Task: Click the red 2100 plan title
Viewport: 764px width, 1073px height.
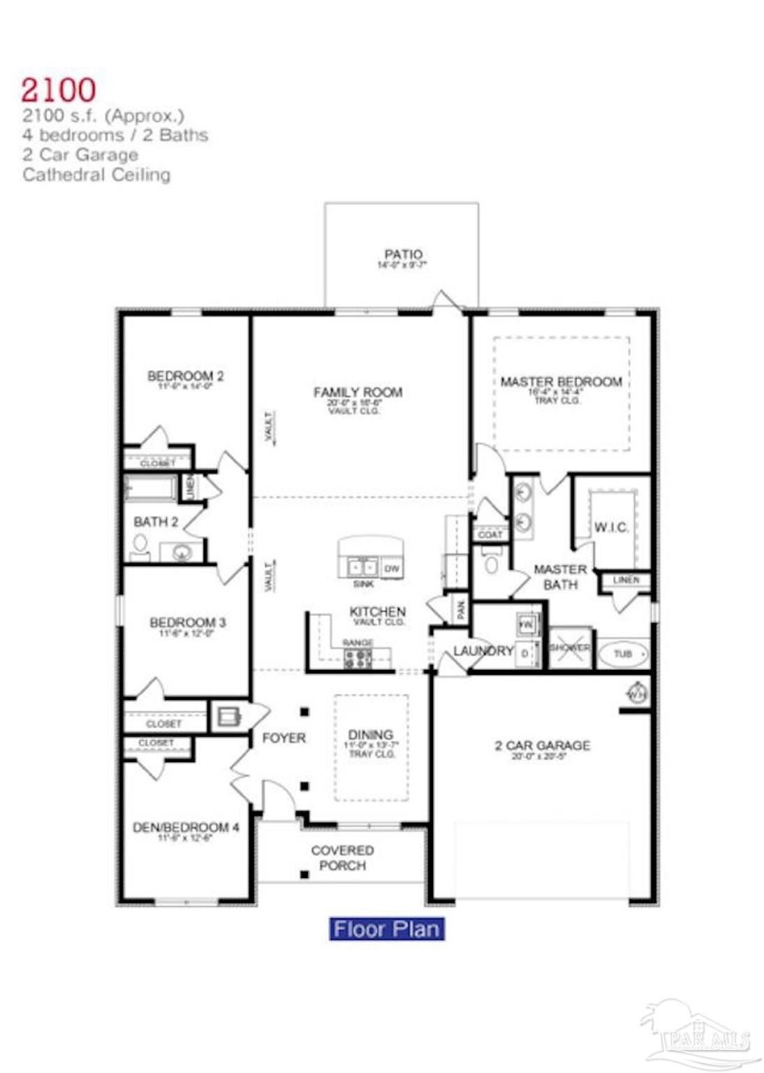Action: coord(59,89)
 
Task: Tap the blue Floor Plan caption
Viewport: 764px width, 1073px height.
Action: coord(386,929)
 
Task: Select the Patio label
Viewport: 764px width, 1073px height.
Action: coord(403,254)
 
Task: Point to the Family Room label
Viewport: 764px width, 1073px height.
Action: coord(358,393)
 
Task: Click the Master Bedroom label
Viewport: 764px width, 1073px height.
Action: coord(561,382)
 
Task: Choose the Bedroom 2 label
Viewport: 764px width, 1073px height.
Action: coord(185,377)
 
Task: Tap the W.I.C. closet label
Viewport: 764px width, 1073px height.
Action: coord(611,527)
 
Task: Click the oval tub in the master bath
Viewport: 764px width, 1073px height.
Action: coord(623,654)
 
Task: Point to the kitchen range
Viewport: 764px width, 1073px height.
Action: coord(358,657)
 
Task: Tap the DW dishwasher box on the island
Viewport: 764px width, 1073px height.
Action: coord(392,568)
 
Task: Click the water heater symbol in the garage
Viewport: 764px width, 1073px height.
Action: coord(636,694)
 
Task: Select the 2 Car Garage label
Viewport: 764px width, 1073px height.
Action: coord(543,746)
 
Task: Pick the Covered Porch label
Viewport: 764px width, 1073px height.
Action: coord(342,858)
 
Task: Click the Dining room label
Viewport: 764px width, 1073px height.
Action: coord(370,735)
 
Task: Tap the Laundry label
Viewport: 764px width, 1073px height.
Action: coord(483,651)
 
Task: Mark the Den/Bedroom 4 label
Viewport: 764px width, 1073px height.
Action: coord(186,828)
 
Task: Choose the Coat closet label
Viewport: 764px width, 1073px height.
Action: coord(490,534)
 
